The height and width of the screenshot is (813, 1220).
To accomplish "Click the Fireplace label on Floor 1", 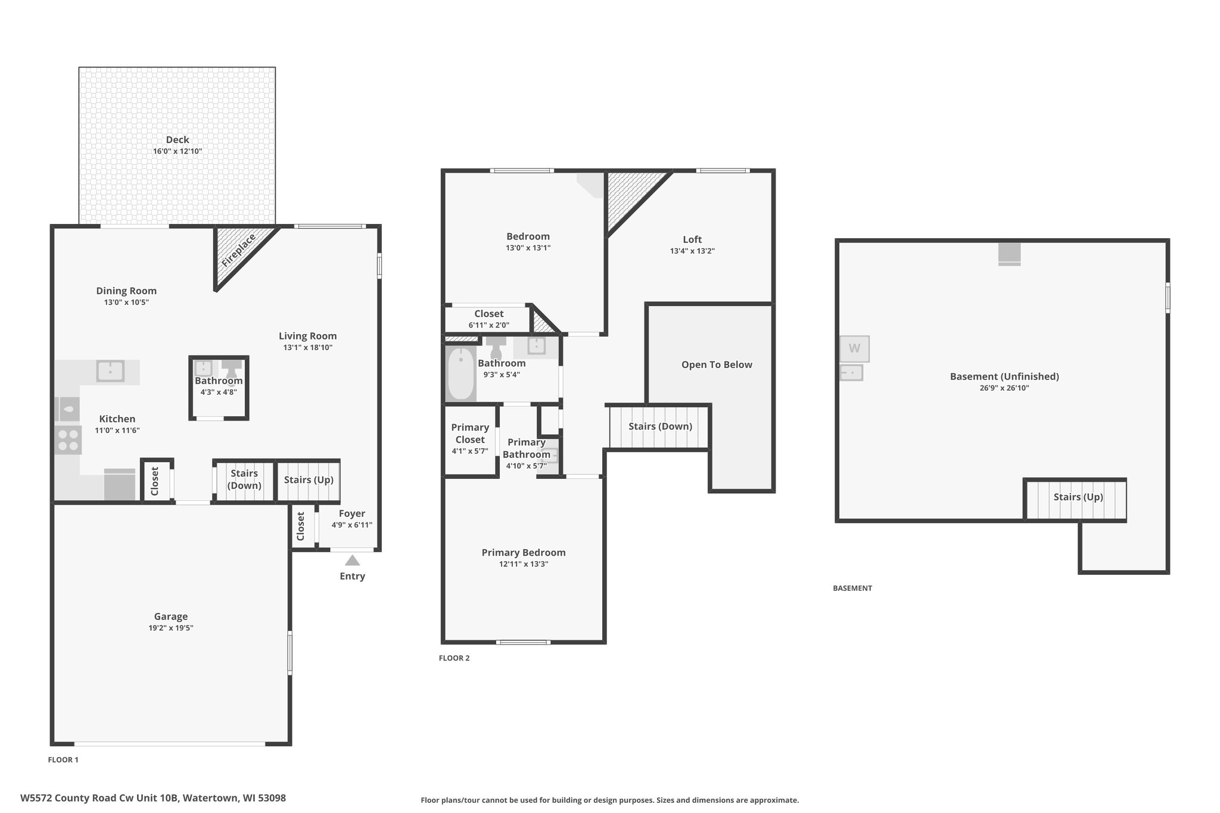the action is pos(239,251).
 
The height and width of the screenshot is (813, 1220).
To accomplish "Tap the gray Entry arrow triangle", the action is pos(353,560).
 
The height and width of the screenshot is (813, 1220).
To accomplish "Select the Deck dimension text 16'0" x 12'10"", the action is pos(178,151).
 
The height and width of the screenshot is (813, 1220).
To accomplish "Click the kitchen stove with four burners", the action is pos(68,440).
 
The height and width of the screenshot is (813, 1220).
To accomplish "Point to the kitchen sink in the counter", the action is pos(110,371).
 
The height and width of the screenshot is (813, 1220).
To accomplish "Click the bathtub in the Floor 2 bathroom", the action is pos(460,373).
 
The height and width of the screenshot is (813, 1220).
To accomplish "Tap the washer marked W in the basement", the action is pos(854,348).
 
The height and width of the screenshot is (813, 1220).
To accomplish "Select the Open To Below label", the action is pos(717,365).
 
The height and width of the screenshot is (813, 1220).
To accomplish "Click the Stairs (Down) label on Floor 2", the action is pos(660,426).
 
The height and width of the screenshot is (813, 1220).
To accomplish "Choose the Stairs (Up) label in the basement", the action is pos(1078,497).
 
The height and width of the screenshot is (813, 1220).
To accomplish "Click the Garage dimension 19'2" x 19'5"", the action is pos(171,628).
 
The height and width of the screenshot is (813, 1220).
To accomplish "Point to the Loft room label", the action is pos(692,239).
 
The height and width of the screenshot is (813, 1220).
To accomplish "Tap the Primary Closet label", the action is pos(470,434).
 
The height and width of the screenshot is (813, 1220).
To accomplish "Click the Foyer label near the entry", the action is pos(352,513).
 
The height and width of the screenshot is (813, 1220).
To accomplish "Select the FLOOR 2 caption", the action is pos(454,658).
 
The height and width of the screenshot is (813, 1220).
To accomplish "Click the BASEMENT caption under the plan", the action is pos(852,588).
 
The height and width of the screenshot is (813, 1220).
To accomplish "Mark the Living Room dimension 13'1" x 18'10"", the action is pos(307,347).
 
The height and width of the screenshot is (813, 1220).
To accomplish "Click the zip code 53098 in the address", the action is pos(271,798).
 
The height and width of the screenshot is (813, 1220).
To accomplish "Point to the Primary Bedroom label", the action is pos(524,553).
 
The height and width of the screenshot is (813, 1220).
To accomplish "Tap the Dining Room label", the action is pos(126,291).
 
